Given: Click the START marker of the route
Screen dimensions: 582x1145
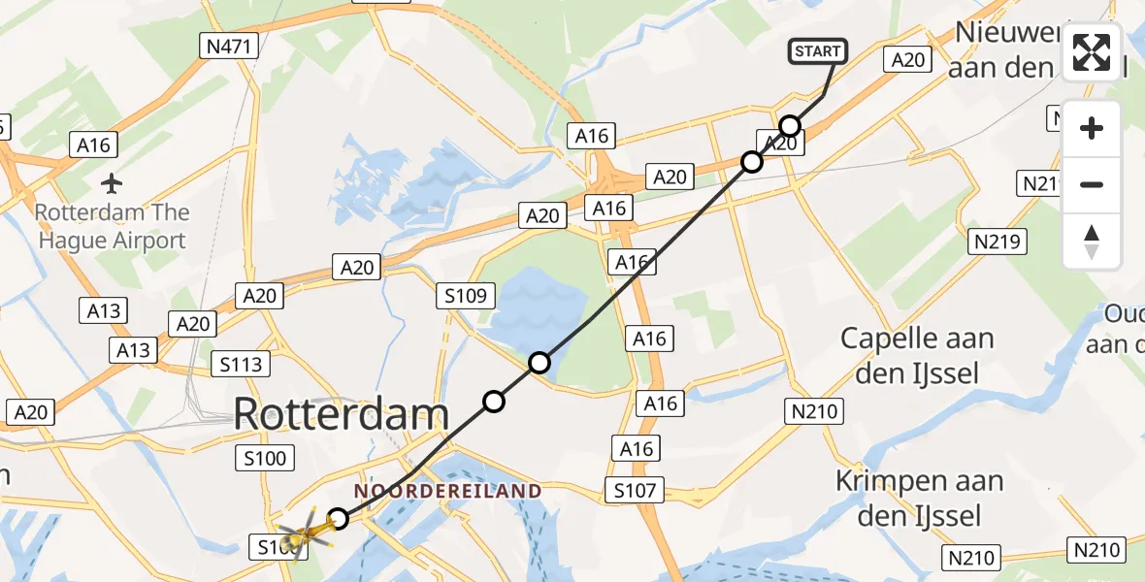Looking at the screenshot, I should tap(821, 52).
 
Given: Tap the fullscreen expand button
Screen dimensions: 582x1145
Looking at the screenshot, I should tap(1092, 52).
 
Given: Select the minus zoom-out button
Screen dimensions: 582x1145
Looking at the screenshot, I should tap(1092, 184).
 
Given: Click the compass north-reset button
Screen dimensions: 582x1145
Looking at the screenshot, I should tap(1092, 242).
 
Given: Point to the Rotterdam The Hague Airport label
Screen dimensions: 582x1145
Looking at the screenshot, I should tap(112, 226).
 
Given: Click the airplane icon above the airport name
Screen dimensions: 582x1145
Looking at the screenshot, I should tap(112, 182).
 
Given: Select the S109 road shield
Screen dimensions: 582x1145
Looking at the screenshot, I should tap(467, 295).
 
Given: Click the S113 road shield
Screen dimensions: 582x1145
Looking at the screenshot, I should tap(240, 365).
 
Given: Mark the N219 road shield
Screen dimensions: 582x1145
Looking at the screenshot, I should tap(997, 241).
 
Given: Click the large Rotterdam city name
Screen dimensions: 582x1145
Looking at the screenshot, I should tap(341, 415).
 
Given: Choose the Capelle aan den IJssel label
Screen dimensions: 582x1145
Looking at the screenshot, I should tap(917, 355).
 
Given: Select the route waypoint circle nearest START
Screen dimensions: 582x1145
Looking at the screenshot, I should tap(790, 126).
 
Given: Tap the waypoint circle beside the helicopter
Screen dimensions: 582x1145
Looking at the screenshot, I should tap(338, 519).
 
